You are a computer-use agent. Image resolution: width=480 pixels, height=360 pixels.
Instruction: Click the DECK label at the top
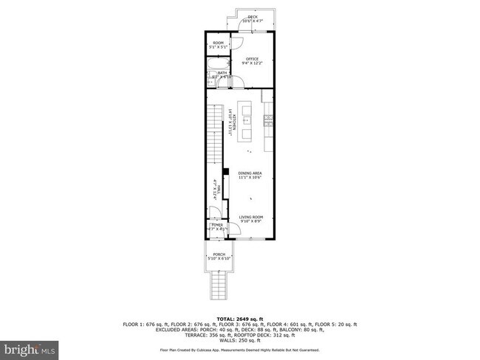point(253,18)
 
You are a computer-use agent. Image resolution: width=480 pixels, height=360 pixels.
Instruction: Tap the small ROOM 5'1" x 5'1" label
point(218,45)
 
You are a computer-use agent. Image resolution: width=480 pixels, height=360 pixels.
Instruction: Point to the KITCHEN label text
point(232,120)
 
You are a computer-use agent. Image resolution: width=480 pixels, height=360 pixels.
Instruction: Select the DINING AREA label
point(250,176)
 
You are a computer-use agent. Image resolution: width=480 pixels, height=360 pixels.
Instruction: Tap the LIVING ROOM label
point(250,218)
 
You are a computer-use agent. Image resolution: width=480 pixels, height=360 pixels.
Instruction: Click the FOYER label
point(217,226)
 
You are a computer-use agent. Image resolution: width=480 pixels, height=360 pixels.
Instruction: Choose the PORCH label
point(218,257)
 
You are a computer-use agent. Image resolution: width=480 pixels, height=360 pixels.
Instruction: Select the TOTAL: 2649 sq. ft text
point(240,316)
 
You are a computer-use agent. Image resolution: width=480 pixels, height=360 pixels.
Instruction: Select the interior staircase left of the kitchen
point(215,136)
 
